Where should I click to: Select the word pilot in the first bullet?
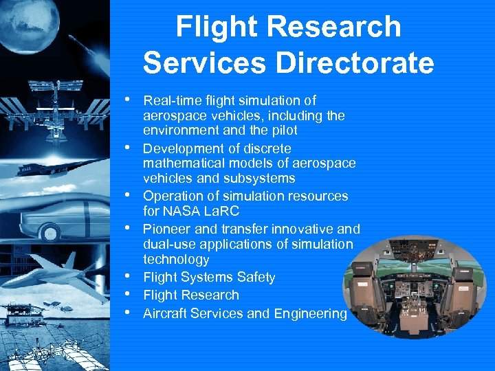[x=279, y=131]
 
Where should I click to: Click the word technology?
[x=176, y=259]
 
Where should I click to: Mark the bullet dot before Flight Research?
[x=129, y=294]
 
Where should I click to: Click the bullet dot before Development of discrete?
[x=129, y=146]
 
